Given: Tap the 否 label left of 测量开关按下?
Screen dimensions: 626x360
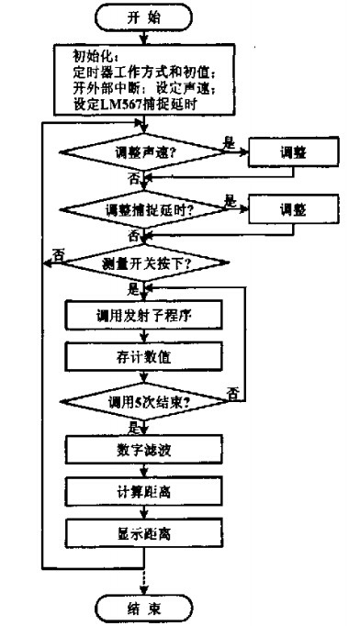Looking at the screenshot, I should pyautogui.click(x=58, y=253).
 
